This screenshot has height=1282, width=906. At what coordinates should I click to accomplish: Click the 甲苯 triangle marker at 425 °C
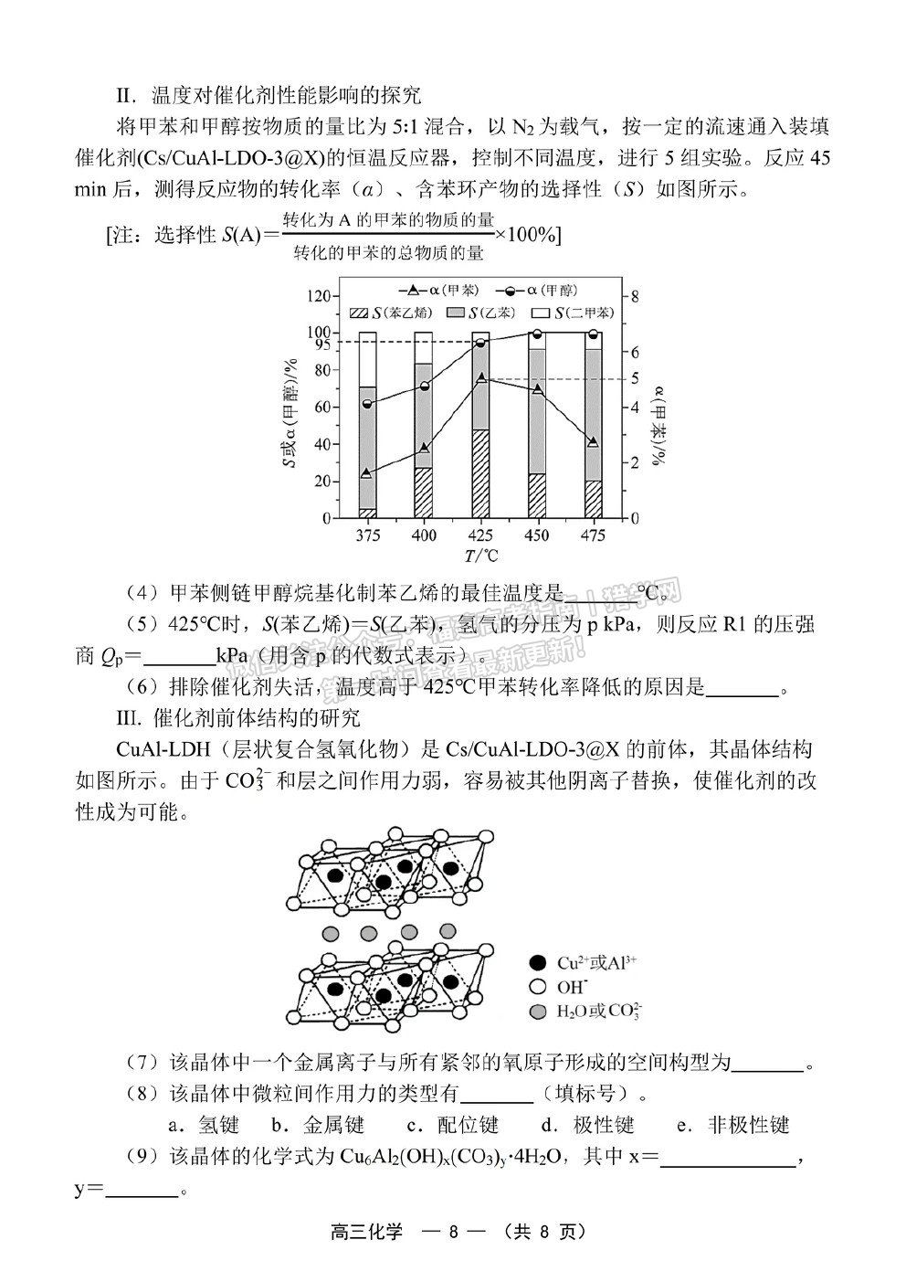pos(480,378)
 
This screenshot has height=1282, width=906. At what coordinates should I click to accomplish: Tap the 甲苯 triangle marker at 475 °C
pos(594,442)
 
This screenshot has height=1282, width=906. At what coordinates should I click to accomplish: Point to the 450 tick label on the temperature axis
pos(537,535)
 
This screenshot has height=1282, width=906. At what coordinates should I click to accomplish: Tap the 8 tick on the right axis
pos(636,296)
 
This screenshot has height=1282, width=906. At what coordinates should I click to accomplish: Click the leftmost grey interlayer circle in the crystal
pos(332,934)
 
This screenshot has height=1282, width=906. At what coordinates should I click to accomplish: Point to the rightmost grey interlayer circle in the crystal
pos(448,930)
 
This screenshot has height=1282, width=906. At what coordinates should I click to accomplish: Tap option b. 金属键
pos(317,1125)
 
